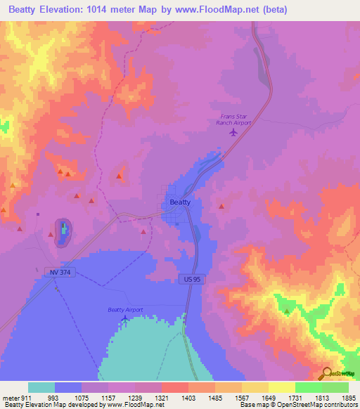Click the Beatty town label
pyautogui.click(x=180, y=202)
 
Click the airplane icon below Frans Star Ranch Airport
pyautogui.click(x=233, y=131)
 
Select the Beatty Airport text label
pyautogui.click(x=125, y=310)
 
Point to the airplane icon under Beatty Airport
pyautogui.click(x=125, y=319)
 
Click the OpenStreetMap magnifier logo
pyautogui.click(x=326, y=374)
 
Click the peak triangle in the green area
pyautogui.click(x=286, y=311)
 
